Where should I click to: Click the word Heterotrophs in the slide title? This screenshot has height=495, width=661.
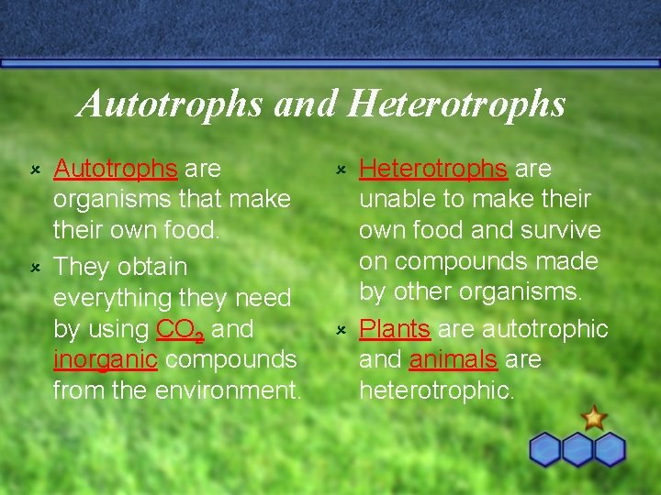click(x=456, y=104)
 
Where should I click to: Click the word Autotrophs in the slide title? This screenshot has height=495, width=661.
click(x=171, y=104)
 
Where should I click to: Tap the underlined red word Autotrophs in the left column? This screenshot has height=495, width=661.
click(x=115, y=169)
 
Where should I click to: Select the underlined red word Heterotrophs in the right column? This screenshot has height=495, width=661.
click(x=432, y=169)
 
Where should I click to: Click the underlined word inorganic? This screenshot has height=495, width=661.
click(x=106, y=359)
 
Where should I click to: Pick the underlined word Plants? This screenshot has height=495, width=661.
click(x=395, y=328)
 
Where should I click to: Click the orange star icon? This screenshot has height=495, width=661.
click(x=594, y=418)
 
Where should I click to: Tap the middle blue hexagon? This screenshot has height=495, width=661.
click(x=577, y=450)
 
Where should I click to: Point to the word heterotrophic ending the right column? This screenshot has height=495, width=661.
click(x=436, y=390)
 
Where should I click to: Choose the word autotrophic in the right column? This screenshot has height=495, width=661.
click(x=545, y=328)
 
